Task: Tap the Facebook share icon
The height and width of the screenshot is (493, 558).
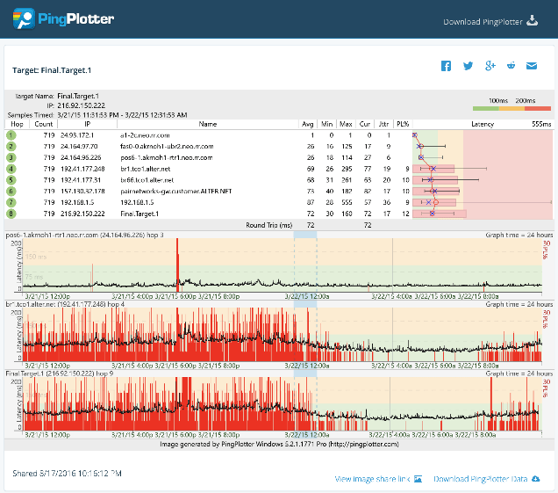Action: tap(446, 66)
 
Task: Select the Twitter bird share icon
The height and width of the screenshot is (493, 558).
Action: tap(468, 66)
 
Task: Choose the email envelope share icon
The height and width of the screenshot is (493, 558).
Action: tap(531, 66)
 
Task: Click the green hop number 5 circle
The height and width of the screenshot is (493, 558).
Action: tap(11, 179)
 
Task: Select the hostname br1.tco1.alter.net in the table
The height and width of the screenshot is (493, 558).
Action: tap(147, 168)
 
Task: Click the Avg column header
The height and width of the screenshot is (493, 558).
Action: tap(308, 125)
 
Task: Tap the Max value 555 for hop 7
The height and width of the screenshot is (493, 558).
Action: tap(346, 201)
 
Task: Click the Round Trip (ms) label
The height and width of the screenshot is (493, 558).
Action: tap(268, 225)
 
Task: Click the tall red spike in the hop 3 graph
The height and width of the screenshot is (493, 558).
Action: tap(177, 264)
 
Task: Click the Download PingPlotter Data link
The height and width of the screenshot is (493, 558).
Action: tap(486, 479)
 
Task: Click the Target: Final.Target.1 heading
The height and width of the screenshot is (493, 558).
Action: tap(52, 69)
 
